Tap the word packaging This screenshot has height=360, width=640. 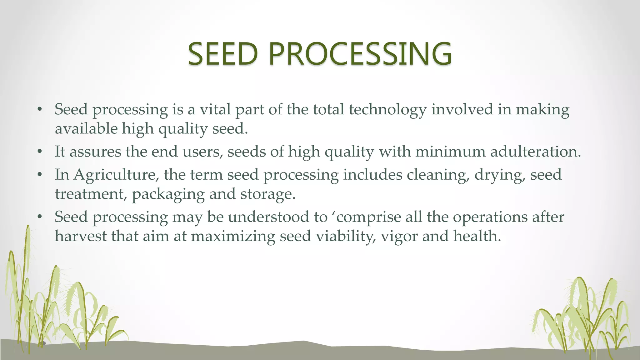click(168, 194)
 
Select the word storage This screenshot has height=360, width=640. click(267, 194)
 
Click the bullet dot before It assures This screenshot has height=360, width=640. click(39, 152)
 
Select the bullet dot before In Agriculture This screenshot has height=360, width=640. click(39, 175)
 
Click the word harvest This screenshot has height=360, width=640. click(81, 236)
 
